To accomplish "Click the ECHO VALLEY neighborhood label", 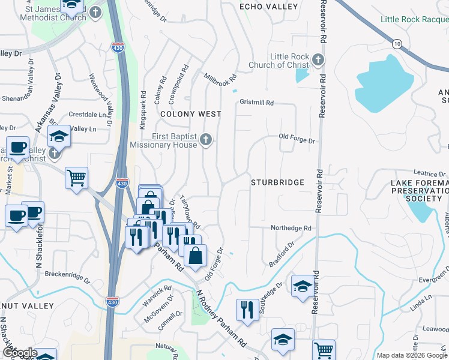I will tap(268, 7).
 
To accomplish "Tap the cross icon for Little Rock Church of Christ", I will tap(318, 60).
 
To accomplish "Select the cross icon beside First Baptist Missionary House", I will tap(206, 140).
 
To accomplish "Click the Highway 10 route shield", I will tap(397, 43).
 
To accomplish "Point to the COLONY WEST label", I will tap(190, 114).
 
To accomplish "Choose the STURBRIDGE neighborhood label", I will tap(277, 182).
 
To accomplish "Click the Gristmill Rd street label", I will tap(256, 103).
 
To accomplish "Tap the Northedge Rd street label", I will tap(291, 228).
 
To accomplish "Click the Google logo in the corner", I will tap(19, 352).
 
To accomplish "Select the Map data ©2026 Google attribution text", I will tap(412, 355).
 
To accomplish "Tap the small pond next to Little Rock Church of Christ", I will tap(303, 76).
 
